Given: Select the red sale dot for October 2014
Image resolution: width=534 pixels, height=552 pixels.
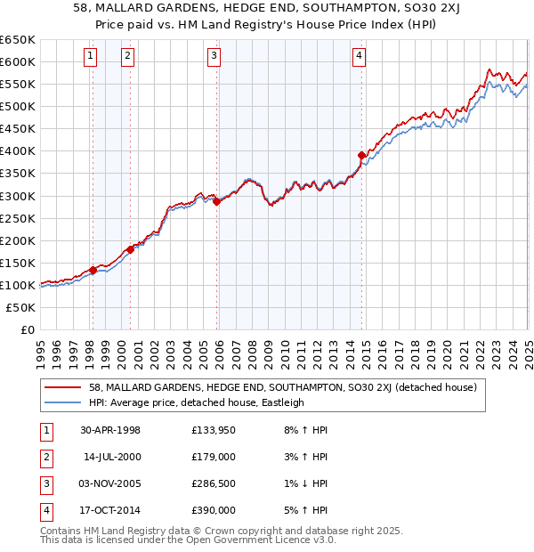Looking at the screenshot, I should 361,155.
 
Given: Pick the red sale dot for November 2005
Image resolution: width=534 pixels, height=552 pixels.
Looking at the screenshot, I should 216,201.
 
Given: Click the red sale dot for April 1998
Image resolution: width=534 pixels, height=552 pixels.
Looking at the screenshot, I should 93,270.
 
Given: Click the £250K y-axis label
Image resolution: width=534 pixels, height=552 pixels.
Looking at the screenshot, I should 18,218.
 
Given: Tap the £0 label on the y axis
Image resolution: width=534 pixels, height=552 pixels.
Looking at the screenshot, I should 27,329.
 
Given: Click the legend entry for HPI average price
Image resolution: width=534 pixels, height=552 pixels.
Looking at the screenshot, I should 197,402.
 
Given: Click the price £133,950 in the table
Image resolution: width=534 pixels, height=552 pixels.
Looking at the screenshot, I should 212,431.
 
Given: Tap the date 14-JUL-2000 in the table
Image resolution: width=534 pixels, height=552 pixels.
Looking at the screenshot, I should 111,457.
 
